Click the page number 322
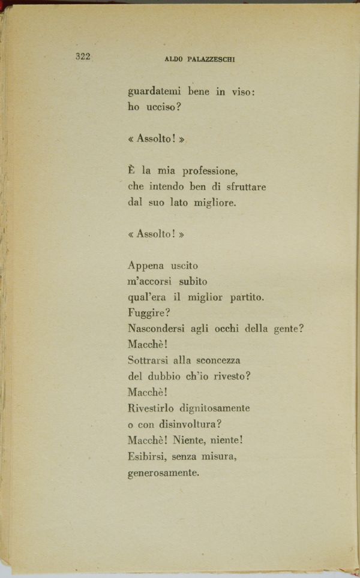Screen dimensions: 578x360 (x=83, y=57)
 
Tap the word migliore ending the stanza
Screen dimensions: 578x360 (x=214, y=203)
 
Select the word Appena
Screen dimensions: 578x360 (x=146, y=266)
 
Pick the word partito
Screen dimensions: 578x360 (x=247, y=297)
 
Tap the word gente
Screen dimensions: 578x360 (x=290, y=329)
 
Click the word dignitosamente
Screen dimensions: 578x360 (x=214, y=408)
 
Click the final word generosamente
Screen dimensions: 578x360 (x=163, y=472)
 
